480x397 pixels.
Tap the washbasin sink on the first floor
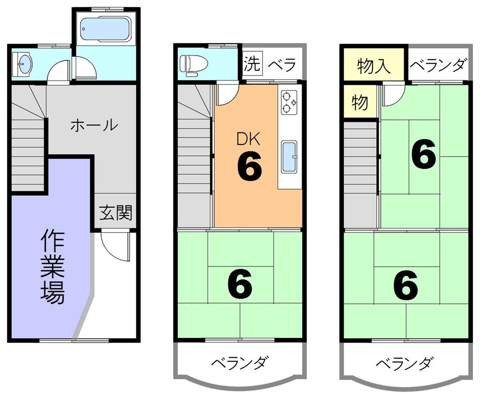click(24, 64)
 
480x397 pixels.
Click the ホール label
click(94, 126)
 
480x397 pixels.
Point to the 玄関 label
click(116, 212)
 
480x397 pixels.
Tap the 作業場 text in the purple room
click(51, 267)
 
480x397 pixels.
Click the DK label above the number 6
click(249, 140)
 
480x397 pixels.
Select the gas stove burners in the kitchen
click(289, 102)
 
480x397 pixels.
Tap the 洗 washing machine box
click(252, 64)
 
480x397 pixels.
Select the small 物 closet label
click(360, 102)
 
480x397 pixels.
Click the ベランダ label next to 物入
click(438, 65)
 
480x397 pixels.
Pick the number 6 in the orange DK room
click(249, 166)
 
